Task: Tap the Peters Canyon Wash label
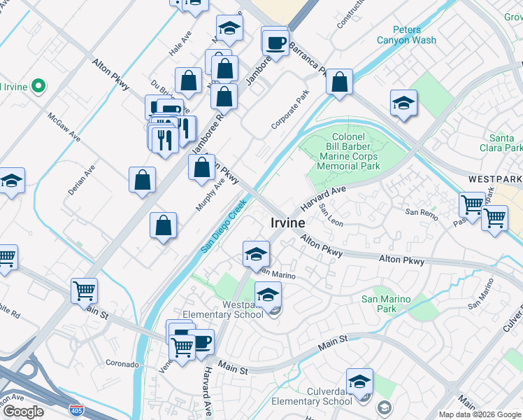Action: pos(406,35)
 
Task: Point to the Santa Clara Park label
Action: pos(506,143)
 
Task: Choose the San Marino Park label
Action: pos(385,304)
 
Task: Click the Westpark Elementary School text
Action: pos(223,310)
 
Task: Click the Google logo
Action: pos(24,412)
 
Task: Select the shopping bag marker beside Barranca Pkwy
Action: pos(339,82)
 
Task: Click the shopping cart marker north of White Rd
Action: pos(84,289)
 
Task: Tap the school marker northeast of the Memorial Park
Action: pos(403,104)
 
